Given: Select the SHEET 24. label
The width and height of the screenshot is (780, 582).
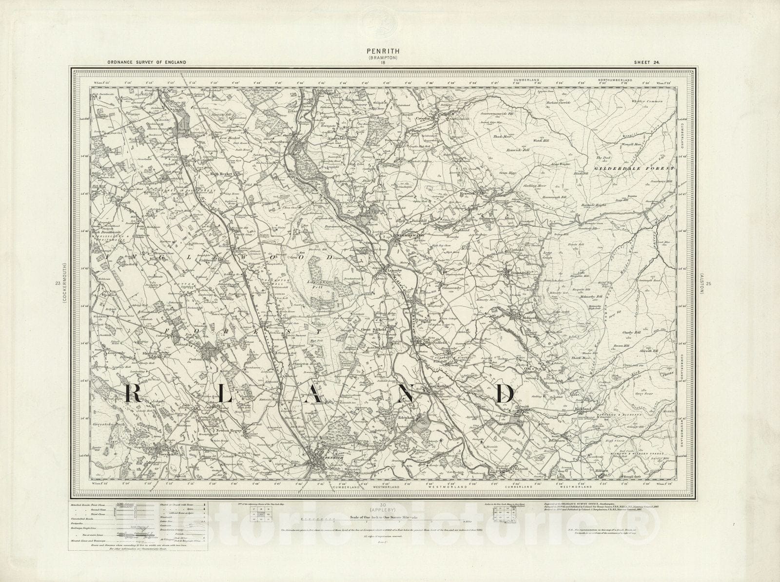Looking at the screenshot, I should [x=648, y=62].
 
